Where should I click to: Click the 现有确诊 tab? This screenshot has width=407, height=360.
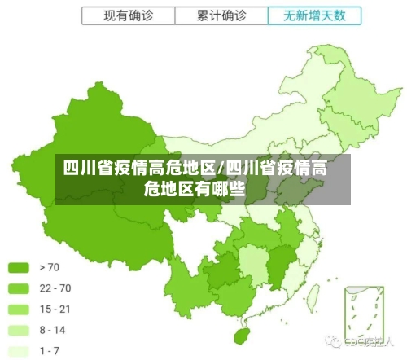point(128,15)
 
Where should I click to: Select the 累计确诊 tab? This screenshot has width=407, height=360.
point(221,15)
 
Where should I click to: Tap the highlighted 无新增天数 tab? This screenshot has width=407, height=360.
point(313,15)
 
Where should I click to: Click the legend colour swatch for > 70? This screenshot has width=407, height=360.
point(20,266)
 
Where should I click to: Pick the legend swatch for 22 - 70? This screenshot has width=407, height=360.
point(20,288)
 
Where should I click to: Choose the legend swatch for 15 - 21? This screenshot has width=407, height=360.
point(20,309)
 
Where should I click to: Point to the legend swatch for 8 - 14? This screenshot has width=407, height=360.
point(20,330)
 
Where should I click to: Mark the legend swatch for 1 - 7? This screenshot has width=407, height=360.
point(20,351)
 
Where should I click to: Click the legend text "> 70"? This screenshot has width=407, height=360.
point(49,266)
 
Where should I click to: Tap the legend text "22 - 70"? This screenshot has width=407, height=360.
point(55,288)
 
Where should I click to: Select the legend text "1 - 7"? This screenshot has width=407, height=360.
point(50,351)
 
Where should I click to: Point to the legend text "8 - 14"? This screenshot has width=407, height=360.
point(52,330)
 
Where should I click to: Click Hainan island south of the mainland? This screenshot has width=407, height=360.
point(241,335)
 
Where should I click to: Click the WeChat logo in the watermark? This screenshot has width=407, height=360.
point(334,343)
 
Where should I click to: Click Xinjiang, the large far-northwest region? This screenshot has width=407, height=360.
point(81,155)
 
